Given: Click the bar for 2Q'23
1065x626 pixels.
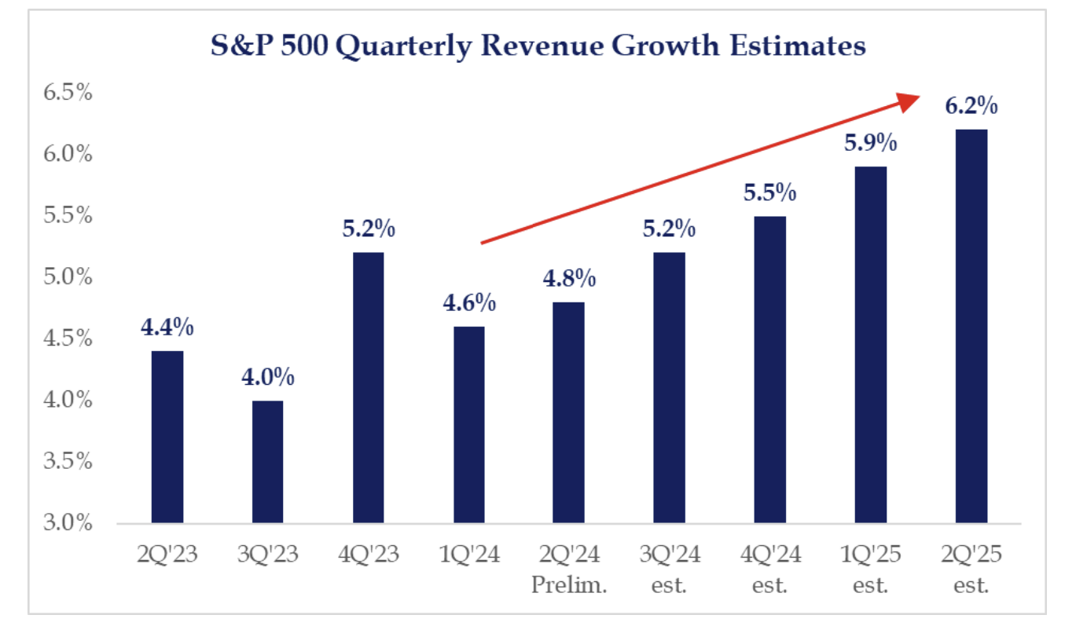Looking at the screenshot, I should [167, 437].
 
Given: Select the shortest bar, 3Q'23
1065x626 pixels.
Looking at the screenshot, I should [267, 462].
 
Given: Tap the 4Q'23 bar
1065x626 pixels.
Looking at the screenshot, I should [369, 388].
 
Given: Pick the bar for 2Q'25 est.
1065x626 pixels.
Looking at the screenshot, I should [971, 326].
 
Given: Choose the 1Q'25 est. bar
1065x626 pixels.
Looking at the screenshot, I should [871, 345].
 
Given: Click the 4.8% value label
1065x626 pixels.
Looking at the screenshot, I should [569, 279].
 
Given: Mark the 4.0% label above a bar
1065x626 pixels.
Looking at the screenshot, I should [268, 378].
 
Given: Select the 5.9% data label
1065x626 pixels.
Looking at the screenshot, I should [871, 144].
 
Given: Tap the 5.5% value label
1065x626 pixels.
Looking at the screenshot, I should [770, 193].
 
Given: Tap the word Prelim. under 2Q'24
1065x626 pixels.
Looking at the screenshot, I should [569, 584].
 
